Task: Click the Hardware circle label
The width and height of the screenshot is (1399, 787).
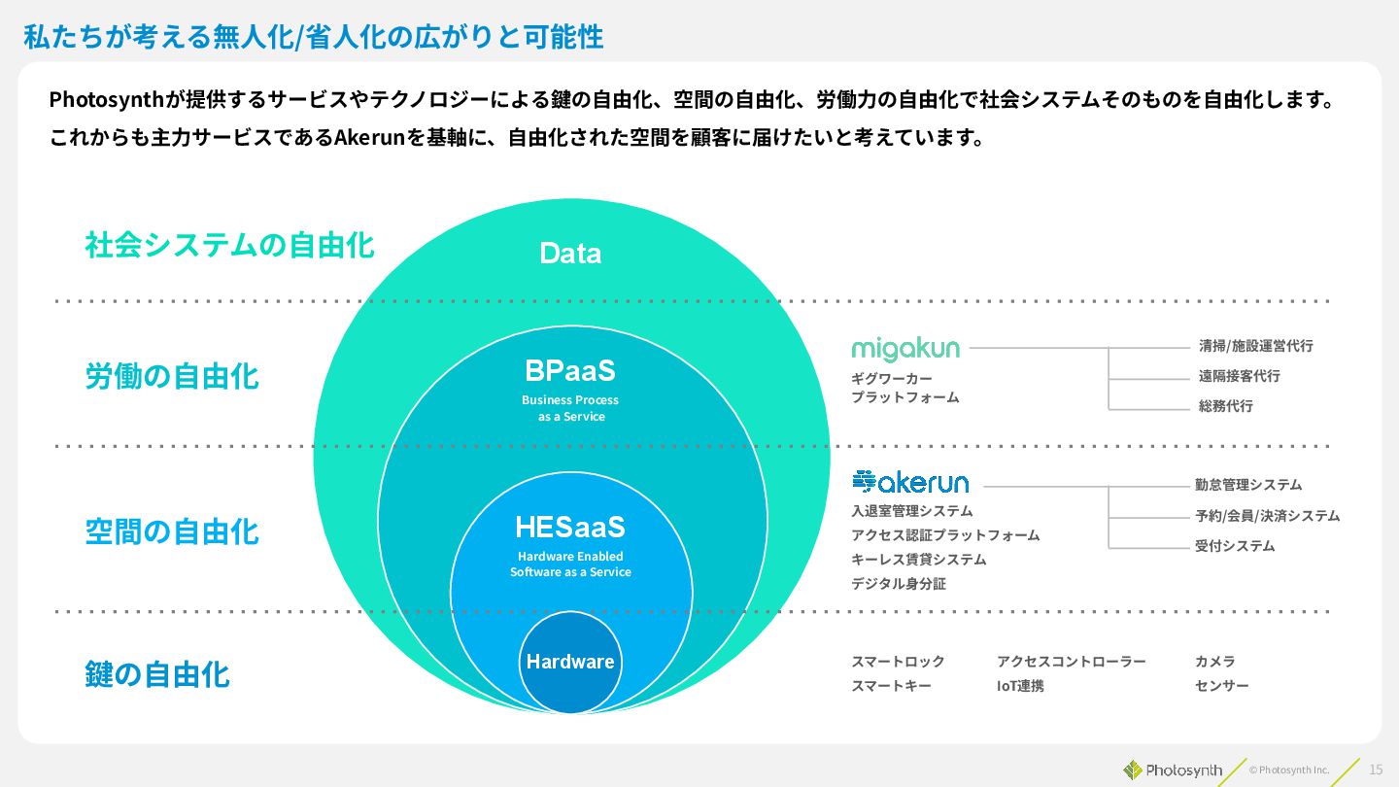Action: (x=570, y=662)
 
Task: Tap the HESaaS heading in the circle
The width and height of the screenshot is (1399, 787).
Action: (x=570, y=528)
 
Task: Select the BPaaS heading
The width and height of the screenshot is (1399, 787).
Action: (x=570, y=371)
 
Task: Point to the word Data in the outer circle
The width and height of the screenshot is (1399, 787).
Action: (x=570, y=254)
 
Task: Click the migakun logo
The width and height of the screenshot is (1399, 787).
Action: (x=905, y=349)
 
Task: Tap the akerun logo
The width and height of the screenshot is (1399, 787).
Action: (x=910, y=481)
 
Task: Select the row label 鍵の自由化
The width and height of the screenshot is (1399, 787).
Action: (x=157, y=674)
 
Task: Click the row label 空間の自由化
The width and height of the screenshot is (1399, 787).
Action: (x=172, y=531)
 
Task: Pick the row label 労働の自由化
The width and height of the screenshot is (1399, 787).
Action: (x=172, y=376)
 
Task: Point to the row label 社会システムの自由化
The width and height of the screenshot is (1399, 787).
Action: (x=229, y=245)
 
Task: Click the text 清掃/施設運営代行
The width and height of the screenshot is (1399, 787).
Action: (x=1255, y=346)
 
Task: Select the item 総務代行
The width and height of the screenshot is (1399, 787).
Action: (x=1225, y=406)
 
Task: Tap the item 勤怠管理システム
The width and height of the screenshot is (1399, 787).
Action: (x=1248, y=485)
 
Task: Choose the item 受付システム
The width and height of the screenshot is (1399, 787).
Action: (x=1235, y=546)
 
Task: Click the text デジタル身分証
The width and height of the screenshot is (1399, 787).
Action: (x=899, y=584)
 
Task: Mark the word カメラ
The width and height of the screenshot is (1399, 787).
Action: (x=1215, y=662)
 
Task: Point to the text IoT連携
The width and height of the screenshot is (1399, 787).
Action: (x=1020, y=686)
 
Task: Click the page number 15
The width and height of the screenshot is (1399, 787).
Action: (x=1376, y=770)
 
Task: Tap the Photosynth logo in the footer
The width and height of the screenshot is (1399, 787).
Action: (x=1173, y=770)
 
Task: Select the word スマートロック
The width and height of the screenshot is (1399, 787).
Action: (x=898, y=662)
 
